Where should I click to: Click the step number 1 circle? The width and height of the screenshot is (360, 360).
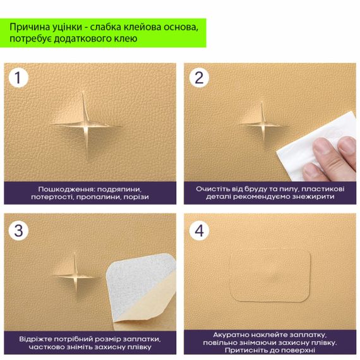pyautogui.click(x=18, y=78)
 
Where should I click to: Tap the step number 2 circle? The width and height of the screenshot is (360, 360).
pyautogui.click(x=199, y=78)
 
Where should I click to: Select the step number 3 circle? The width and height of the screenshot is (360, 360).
pyautogui.click(x=18, y=231)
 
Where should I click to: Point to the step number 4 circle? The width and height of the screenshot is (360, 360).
pyautogui.click(x=199, y=231)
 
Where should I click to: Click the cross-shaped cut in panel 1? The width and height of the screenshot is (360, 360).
pyautogui.click(x=85, y=125)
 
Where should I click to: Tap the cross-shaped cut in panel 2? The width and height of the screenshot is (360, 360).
pyautogui.click(x=263, y=125)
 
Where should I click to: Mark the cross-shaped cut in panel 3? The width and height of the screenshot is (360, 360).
pyautogui.click(x=75, y=275)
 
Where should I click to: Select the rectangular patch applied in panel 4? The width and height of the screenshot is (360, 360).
pyautogui.click(x=270, y=275)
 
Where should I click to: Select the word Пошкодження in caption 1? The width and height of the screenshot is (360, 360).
pyautogui.click(x=66, y=189)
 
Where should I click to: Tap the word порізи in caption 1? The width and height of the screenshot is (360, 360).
pyautogui.click(x=136, y=197)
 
